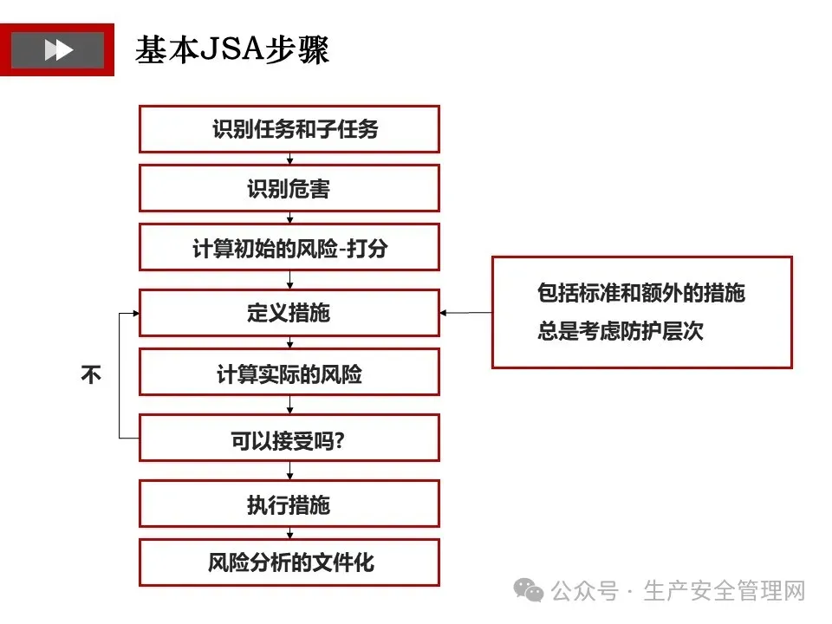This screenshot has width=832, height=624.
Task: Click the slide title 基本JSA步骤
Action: click(231, 49)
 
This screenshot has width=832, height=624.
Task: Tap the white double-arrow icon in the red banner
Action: click(58, 49)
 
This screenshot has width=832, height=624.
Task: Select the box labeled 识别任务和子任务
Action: click(289, 129)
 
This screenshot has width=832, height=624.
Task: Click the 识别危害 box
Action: click(289, 188)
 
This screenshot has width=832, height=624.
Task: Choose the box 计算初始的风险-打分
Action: click(289, 248)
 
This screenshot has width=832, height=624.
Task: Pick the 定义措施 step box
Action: click(289, 312)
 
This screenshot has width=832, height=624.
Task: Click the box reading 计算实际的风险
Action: click(289, 374)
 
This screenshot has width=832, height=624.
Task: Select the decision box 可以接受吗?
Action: click(289, 439)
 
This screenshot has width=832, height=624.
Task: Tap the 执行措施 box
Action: click(289, 504)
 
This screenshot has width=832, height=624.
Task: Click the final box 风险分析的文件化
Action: click(289, 562)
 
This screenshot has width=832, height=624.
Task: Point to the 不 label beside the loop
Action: click(91, 375)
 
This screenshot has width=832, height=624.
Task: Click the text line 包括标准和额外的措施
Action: click(641, 293)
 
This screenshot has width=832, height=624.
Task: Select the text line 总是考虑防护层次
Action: click(621, 331)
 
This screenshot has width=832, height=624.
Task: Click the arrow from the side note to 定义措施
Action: click(466, 313)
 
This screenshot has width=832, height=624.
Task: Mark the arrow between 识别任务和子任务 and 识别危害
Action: click(289, 159)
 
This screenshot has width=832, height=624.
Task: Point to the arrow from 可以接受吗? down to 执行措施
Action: click(289, 471)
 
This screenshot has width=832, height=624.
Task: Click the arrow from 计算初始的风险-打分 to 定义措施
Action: click(289, 280)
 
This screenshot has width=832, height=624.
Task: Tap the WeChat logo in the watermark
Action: click(529, 590)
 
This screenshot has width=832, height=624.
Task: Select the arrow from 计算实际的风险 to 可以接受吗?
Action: click(289, 405)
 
